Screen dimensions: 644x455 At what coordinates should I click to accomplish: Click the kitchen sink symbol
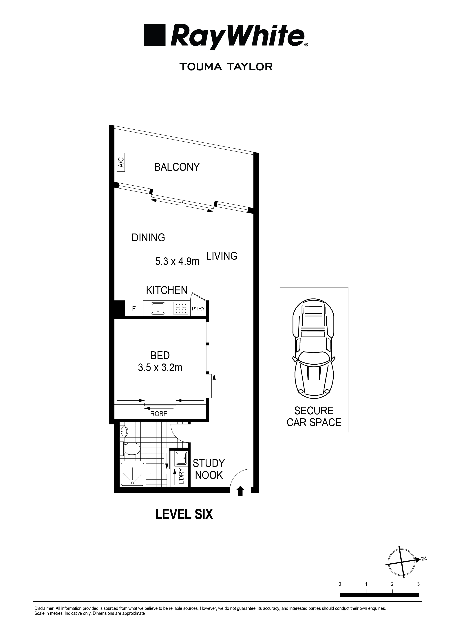pyautogui.click(x=158, y=308)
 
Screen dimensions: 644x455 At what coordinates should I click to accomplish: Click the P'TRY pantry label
pyautogui.click(x=198, y=309)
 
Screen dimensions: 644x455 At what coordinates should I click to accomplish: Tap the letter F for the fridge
pyautogui.click(x=134, y=309)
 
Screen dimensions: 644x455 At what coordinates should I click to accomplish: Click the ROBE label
pyautogui.click(x=159, y=414)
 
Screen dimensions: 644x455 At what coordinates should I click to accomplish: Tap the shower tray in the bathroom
pyautogui.click(x=133, y=474)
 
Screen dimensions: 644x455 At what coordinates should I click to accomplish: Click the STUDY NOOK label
pyautogui.click(x=209, y=469)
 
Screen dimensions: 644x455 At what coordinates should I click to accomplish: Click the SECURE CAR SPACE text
pyautogui.click(x=314, y=417)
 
